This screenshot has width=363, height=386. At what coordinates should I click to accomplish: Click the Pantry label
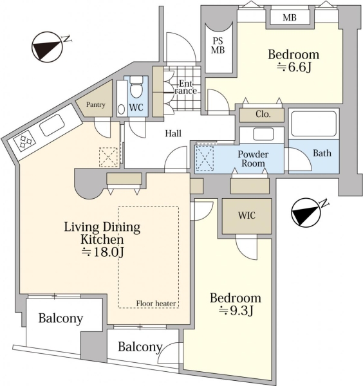[95, 105]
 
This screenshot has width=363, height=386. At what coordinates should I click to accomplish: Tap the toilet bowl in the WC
[136, 88]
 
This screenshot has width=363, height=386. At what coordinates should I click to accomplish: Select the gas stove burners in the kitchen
[24, 141]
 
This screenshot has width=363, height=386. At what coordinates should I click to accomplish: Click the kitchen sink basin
[52, 125]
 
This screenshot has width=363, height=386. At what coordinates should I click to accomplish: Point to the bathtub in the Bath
[313, 124]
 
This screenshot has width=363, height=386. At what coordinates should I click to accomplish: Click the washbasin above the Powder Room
[263, 134]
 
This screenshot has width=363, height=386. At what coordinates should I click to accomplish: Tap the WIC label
[247, 216]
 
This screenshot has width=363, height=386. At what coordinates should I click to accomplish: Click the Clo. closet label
[263, 114]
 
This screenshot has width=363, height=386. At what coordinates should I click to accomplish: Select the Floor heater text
[156, 304]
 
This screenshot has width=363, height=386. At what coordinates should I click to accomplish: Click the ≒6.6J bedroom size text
[294, 67]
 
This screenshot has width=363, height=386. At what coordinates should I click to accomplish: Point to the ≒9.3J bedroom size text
[236, 311]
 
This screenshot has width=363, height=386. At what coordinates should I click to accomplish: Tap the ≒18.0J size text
[103, 252]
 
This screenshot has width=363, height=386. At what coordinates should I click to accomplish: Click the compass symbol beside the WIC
[306, 213]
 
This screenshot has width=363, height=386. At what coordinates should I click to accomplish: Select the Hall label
[173, 134]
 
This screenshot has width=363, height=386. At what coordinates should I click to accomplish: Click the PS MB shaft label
[218, 46]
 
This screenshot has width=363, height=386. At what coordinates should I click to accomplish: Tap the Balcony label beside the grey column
[140, 347]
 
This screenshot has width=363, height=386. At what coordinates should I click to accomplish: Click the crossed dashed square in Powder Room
[205, 158]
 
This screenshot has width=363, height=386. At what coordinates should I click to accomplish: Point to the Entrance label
[186, 87]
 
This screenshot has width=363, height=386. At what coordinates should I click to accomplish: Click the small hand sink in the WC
[121, 109]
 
